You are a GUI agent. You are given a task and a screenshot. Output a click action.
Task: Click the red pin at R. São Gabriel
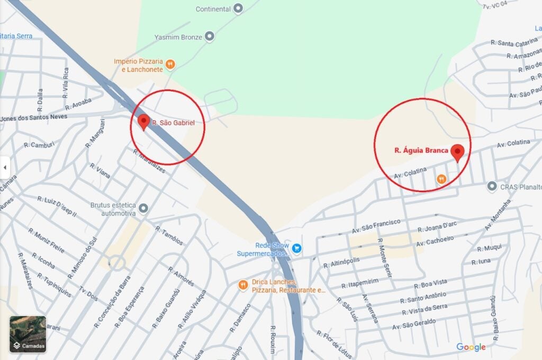[143, 122]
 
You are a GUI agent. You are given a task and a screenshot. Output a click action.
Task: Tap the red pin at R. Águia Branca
[457, 152]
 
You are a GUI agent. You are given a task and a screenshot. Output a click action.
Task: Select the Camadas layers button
[28, 334]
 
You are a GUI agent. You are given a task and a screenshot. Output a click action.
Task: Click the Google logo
[471, 347]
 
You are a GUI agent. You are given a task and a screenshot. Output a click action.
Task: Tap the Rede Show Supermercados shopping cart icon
[297, 247]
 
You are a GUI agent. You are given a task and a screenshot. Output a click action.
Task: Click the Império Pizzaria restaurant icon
[170, 65]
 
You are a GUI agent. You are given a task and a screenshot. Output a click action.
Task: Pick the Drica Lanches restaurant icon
[243, 285]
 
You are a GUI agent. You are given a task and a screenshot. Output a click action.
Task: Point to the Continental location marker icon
[238, 8]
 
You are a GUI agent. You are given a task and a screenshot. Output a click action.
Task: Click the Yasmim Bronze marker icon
[210, 37]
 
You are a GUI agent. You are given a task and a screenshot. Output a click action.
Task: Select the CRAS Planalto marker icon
[492, 186]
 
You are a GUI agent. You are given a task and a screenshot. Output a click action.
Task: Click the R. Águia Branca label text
[421, 150]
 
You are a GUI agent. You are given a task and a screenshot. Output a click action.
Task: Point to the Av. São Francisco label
[376, 226]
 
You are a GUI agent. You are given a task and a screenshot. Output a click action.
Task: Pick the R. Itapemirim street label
[360, 283]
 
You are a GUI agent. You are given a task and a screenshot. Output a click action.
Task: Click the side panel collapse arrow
[5, 168]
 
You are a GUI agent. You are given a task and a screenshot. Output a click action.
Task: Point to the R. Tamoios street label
[169, 236]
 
